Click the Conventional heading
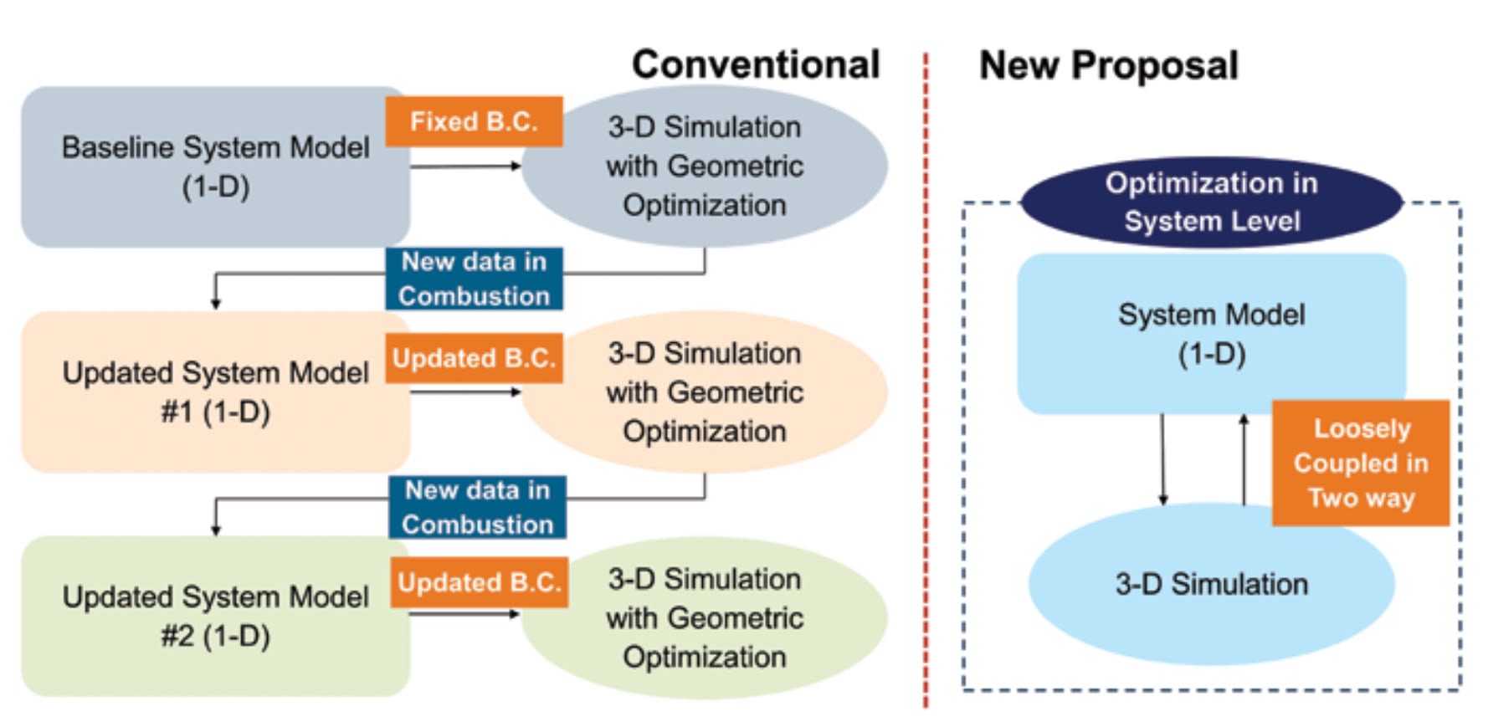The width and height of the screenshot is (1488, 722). [x=755, y=64]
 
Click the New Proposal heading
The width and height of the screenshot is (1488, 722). [x=1108, y=65]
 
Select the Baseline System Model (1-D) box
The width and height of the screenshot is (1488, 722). [x=214, y=166]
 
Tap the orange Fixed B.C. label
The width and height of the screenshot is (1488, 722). [x=474, y=121]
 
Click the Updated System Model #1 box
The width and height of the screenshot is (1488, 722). [x=214, y=392]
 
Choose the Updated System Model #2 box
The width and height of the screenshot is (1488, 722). [x=214, y=617]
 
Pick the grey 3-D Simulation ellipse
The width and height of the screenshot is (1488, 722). [x=705, y=166]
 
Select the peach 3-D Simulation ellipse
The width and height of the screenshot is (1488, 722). [x=705, y=392]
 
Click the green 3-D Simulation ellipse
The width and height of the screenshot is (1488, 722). [x=705, y=617]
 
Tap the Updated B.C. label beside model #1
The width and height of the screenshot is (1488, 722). [x=474, y=358]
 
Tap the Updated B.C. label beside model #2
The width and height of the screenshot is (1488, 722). [x=479, y=582]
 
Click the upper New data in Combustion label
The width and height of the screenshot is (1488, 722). [x=474, y=279]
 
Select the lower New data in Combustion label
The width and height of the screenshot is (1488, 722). [x=477, y=507]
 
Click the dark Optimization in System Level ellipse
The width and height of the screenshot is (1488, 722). [x=1211, y=202]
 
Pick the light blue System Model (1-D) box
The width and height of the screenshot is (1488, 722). [x=1211, y=334]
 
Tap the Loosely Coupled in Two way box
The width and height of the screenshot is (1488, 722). [x=1361, y=463]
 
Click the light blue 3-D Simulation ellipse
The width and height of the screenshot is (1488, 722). [x=1211, y=584]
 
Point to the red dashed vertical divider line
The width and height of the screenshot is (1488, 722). [x=926, y=376]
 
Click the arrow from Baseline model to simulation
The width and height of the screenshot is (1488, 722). [x=465, y=166]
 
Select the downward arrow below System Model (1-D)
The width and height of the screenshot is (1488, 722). [x=1162, y=460]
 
